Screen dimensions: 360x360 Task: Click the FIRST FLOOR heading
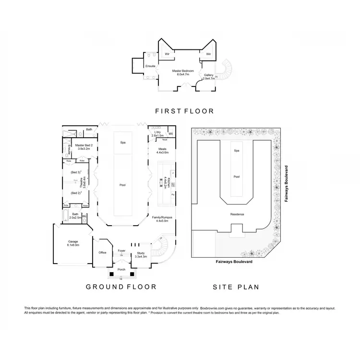pyautogui.click(x=184, y=111)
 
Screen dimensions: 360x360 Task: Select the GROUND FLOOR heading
pyautogui.click(x=121, y=287)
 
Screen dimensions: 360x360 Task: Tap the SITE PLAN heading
pyautogui.click(x=236, y=288)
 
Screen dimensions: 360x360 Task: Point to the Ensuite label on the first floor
pyautogui.click(x=150, y=66)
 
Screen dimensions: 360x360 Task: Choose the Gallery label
pyautogui.click(x=208, y=75)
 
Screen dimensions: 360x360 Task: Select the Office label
pyautogui.click(x=102, y=252)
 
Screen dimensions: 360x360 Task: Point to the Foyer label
pyautogui.click(x=121, y=251)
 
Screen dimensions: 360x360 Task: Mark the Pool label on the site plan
pyautogui.click(x=236, y=177)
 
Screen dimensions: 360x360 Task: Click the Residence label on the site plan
pyautogui.click(x=237, y=214)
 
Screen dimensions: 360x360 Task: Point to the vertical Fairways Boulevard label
pyautogui.click(x=286, y=184)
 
